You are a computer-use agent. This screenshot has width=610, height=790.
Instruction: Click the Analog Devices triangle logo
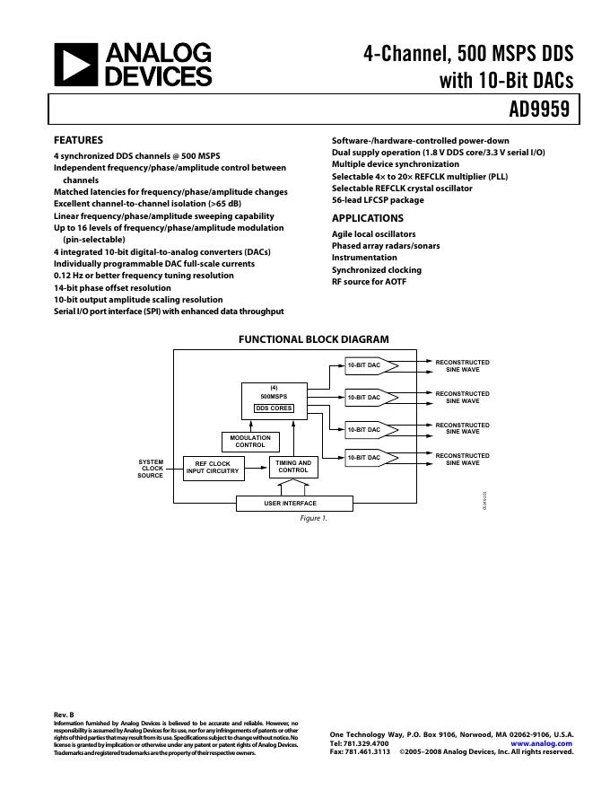[x=74, y=65]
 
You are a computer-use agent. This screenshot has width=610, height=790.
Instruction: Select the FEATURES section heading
[x=78, y=140]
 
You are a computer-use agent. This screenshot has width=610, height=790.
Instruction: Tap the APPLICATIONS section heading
[x=367, y=218]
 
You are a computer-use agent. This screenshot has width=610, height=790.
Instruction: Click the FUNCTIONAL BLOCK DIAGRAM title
[x=313, y=339]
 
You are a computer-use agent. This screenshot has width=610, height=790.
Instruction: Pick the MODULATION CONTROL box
[x=250, y=442]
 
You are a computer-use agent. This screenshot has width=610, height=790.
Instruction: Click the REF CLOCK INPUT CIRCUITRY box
[x=213, y=468]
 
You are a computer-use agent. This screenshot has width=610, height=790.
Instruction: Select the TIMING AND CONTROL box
[x=292, y=467]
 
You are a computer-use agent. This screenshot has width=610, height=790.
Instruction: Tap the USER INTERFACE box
[x=290, y=503]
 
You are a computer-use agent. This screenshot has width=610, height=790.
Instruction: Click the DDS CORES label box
[x=274, y=408]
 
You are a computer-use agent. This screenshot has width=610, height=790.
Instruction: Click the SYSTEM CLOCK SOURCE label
[x=151, y=469]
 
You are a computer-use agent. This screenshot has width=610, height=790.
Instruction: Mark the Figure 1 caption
[x=313, y=519]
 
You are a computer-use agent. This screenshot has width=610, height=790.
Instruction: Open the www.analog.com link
[x=541, y=743]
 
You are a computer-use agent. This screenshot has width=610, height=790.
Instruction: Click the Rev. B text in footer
[x=64, y=715]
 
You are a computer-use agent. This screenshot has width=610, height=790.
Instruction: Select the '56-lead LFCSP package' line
[x=378, y=200]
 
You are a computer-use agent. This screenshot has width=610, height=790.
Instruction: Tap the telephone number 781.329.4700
[x=360, y=743]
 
